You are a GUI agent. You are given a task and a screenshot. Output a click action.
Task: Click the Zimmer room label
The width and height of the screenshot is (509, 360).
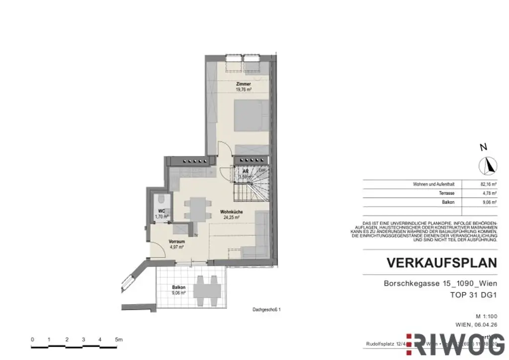click(243, 84)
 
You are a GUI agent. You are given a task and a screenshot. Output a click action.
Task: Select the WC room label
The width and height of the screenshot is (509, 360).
click(162, 211)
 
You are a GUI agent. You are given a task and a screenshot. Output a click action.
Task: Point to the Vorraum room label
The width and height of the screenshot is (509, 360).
click(177, 241)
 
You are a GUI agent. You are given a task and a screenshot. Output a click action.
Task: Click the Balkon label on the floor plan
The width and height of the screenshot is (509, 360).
click(179, 287)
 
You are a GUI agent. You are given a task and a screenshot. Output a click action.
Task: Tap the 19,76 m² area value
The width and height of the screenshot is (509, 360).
click(243, 90)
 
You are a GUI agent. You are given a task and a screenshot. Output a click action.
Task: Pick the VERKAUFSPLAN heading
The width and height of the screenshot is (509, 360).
click(441, 263)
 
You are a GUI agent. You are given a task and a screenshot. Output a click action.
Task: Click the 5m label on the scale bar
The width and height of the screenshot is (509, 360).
click(118, 340)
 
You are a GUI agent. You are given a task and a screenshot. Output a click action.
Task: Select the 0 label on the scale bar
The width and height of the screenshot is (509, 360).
click(32, 340)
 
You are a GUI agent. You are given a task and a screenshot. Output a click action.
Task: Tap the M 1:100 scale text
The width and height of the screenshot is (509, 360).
click(487, 316)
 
